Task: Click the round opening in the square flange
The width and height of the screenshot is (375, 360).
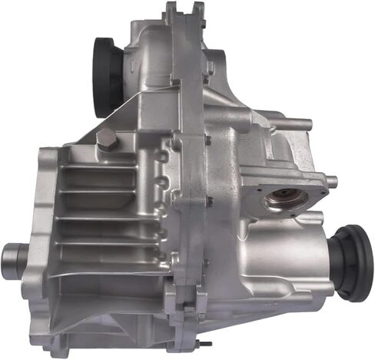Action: pyautogui.click(x=285, y=202)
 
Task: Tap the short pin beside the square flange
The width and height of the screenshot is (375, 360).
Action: pyautogui.click(x=330, y=182)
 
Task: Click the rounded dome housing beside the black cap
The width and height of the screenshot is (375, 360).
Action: pyautogui.click(x=142, y=58)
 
